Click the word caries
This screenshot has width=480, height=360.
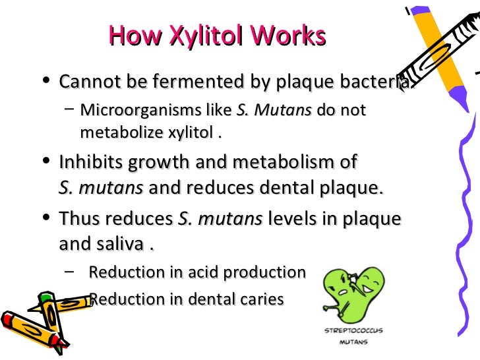259,299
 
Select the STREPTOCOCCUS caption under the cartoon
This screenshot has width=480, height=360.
353,330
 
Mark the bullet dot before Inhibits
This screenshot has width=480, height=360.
44,162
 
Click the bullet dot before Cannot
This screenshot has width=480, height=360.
44,82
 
